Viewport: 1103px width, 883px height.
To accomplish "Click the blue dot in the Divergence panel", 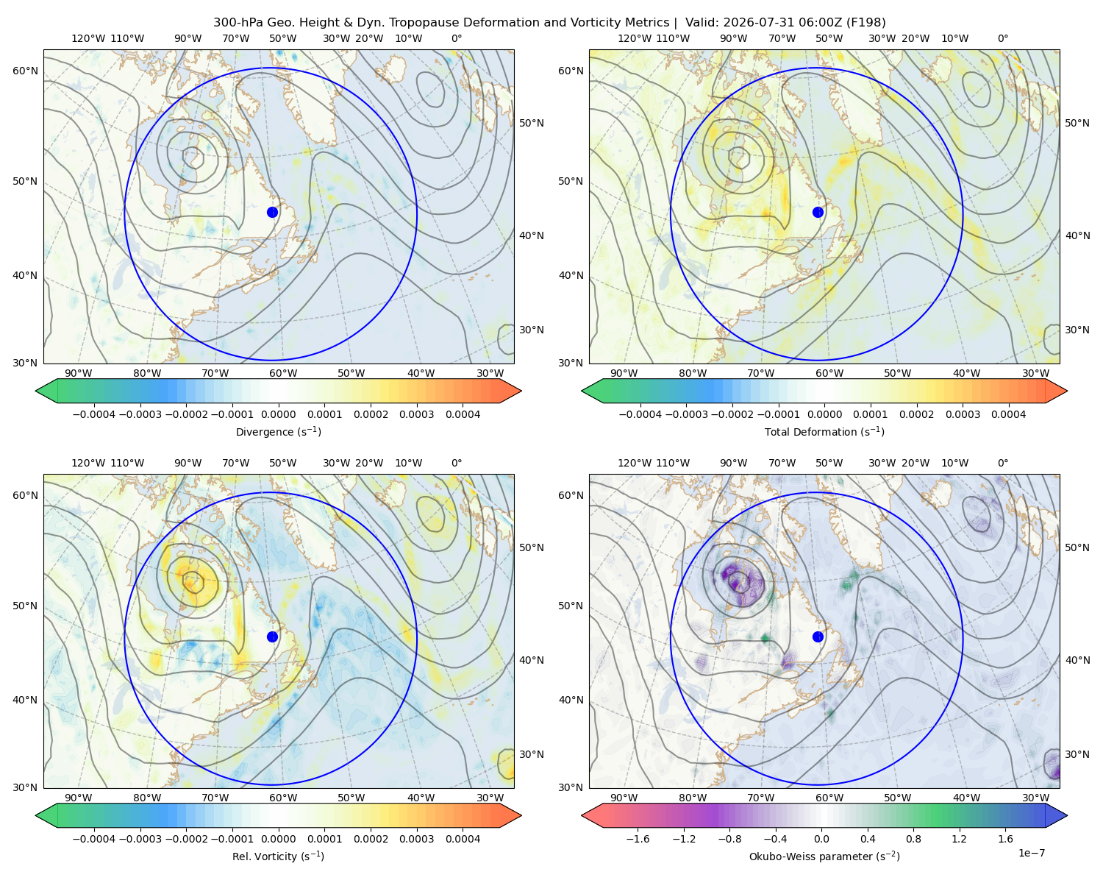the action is click(x=272, y=212).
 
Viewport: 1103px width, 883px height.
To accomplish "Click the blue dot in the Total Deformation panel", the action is click(x=818, y=212).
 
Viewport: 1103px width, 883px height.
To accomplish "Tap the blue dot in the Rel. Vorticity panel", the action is click(x=272, y=636).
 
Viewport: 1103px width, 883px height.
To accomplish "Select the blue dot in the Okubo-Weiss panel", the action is click(x=818, y=636).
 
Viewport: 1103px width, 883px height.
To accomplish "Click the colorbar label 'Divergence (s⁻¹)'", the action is click(x=278, y=431).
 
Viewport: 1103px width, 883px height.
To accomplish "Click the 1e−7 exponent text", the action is click(x=1031, y=853).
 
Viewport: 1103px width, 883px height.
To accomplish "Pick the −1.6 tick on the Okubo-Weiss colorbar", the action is click(x=638, y=839).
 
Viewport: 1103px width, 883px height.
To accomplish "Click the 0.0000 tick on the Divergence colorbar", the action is click(x=278, y=414).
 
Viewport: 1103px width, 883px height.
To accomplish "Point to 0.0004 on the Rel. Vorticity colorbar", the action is click(x=463, y=839).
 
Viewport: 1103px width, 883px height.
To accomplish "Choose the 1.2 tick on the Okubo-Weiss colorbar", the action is click(x=959, y=839).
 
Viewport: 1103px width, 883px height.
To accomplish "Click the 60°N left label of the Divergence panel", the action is click(x=25, y=71).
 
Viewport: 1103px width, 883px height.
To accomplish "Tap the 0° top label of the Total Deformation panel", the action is click(x=1002, y=38).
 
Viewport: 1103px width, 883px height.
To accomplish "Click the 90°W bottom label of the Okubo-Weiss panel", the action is click(x=624, y=798).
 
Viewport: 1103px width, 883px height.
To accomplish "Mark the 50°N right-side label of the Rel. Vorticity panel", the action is click(x=532, y=547).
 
